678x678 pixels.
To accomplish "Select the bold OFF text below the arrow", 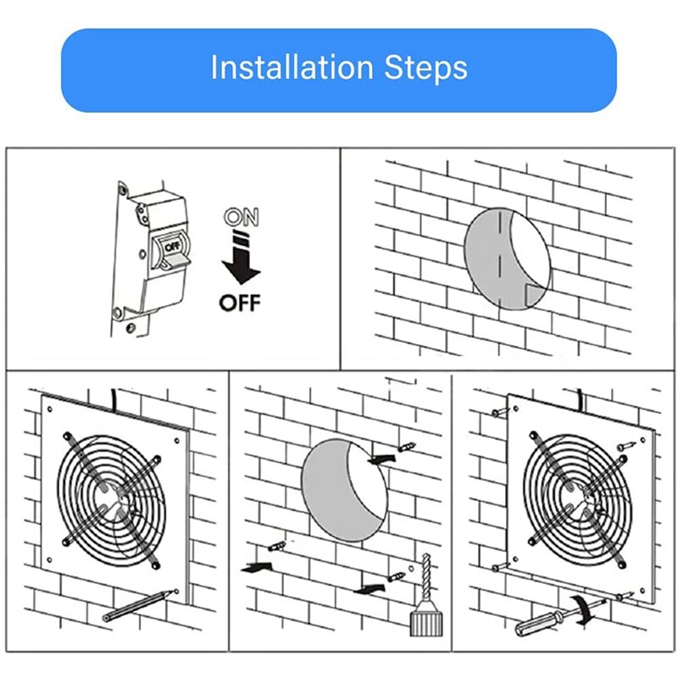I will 240,303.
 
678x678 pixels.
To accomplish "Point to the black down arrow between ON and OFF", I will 241,262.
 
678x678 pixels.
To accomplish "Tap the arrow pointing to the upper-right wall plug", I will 382,458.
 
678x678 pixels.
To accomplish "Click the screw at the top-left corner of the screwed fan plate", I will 500,412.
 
